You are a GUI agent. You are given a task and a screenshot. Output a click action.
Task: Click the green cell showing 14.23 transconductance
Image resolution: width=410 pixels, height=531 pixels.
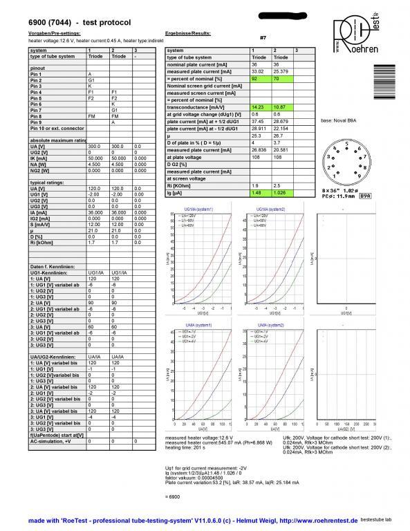(x=258, y=106)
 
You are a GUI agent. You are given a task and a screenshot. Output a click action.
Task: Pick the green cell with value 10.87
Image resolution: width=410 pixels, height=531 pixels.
(x=279, y=106)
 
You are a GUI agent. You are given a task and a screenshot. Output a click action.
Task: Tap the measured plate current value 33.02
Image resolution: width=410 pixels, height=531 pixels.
(x=258, y=71)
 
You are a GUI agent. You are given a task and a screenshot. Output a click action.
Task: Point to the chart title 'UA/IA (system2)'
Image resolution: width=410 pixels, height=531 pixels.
(x=272, y=325)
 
